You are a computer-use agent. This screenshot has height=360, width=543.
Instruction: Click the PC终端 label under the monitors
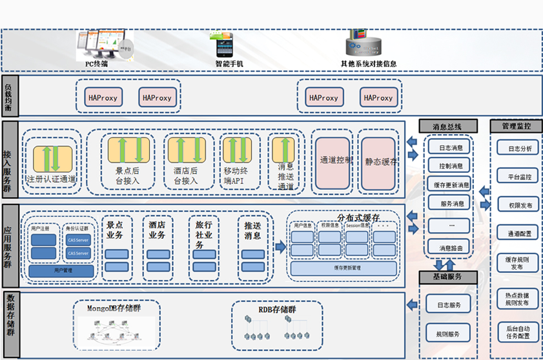click(96, 64)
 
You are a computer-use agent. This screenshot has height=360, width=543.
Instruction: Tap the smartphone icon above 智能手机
click(225, 46)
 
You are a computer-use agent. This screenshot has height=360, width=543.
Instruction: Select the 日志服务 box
click(449, 305)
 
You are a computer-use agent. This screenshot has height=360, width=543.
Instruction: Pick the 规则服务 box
click(449, 334)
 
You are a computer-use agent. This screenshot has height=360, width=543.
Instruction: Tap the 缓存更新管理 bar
click(343, 268)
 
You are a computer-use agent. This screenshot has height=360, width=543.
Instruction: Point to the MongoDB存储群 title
click(114, 308)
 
